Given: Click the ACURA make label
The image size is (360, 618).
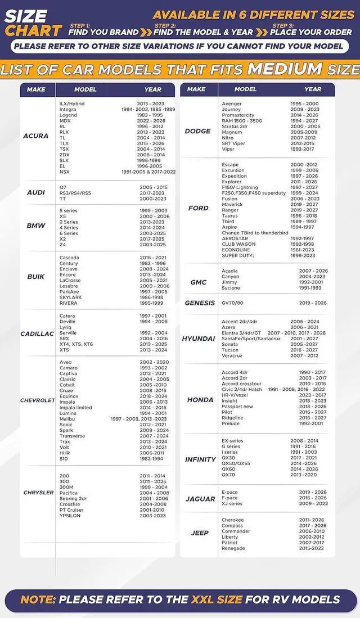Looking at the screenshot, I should [35, 136].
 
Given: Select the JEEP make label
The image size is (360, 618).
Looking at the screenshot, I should [200, 533].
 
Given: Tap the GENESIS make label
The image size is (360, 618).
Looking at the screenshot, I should [200, 303].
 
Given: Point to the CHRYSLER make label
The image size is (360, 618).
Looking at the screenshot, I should [39, 493].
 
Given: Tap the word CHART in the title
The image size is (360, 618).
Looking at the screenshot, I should [33, 30].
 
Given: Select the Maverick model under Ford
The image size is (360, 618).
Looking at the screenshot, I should [232, 205].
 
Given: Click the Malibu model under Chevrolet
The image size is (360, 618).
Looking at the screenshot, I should [67, 419].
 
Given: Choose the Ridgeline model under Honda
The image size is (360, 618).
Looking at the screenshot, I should [232, 418].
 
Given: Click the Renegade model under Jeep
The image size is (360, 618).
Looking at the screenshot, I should [233, 548].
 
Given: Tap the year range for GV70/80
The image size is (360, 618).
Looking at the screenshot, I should [312, 303].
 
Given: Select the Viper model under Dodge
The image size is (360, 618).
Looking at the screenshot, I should [228, 149].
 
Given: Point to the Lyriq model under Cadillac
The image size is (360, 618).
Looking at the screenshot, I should [66, 327].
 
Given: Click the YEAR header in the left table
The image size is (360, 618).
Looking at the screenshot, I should [152, 89].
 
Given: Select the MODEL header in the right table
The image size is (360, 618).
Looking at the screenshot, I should [245, 89].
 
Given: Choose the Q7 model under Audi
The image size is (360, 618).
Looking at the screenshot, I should [63, 187].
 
